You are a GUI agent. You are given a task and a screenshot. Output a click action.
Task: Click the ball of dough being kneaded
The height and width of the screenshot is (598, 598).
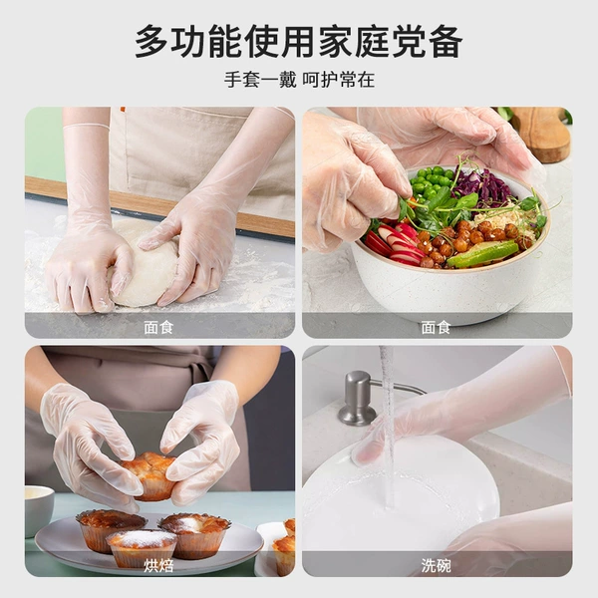(x=145, y=263)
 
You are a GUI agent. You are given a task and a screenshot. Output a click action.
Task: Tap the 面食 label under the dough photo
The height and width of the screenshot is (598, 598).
(x=158, y=327)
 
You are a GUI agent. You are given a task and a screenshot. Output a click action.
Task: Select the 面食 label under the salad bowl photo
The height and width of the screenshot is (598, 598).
(x=436, y=327)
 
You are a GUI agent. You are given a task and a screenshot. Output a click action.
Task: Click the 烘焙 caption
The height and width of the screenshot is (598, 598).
(x=158, y=565)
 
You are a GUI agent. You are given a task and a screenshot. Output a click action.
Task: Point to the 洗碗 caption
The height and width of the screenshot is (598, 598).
(x=436, y=565)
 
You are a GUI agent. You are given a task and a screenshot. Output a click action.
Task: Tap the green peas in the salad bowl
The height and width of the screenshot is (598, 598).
(x=431, y=181)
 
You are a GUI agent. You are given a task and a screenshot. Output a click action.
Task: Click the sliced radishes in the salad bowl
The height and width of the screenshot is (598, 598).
(x=393, y=244)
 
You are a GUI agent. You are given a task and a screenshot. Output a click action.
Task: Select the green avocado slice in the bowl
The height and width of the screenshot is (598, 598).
(x=482, y=253)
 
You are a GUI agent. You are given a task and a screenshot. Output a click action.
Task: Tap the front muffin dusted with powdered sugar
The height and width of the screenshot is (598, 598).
(x=142, y=548)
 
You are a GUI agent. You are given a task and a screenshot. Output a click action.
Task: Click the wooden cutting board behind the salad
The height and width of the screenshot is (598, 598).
(x=541, y=134)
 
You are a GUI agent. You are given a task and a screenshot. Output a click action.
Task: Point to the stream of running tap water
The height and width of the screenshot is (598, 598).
(x=388, y=428)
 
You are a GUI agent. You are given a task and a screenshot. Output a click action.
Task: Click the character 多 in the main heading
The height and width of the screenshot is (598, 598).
(x=151, y=41)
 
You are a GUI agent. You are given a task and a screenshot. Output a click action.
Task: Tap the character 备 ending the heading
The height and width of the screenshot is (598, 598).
(x=446, y=41)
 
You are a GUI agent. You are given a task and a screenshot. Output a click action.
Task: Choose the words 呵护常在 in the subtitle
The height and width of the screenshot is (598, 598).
(x=338, y=80)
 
